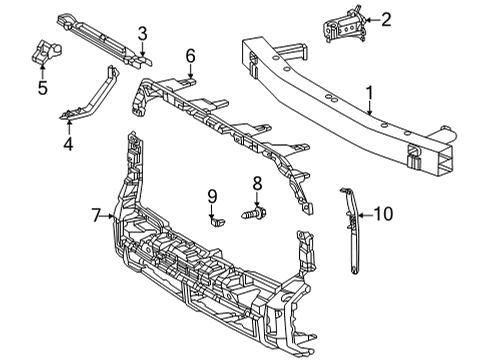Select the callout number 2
coord(386,18)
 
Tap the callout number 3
coord(143,33)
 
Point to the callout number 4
coord(68,143)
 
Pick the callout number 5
coord(42,87)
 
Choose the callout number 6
coord(190,56)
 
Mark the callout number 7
coord(97,215)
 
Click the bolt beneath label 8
coord(256,213)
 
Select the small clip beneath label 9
coord(215,220)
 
